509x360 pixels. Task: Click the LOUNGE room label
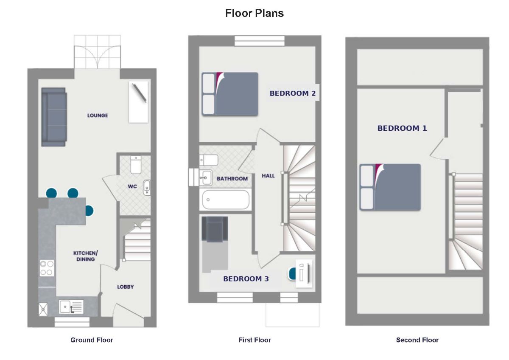(98, 115)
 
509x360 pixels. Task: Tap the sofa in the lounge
(54, 117)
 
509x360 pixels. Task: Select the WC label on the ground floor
(132, 186)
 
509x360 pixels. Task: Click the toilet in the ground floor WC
(136, 165)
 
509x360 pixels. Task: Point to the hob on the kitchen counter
(47, 268)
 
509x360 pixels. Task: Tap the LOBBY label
(126, 287)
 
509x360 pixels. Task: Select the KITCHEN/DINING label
(85, 256)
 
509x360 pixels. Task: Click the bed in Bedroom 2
(230, 94)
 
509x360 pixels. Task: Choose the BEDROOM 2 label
(293, 93)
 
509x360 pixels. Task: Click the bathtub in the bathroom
(226, 200)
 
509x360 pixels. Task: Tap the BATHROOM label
(232, 179)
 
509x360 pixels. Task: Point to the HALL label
(268, 176)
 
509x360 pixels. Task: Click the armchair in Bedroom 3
(215, 229)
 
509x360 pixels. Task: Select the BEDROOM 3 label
(246, 279)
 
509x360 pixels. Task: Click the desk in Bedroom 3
(304, 273)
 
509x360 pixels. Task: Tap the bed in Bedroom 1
(390, 187)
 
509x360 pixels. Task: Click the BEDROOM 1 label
(402, 128)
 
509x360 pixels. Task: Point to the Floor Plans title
(255, 13)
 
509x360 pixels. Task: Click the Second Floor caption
(417, 340)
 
